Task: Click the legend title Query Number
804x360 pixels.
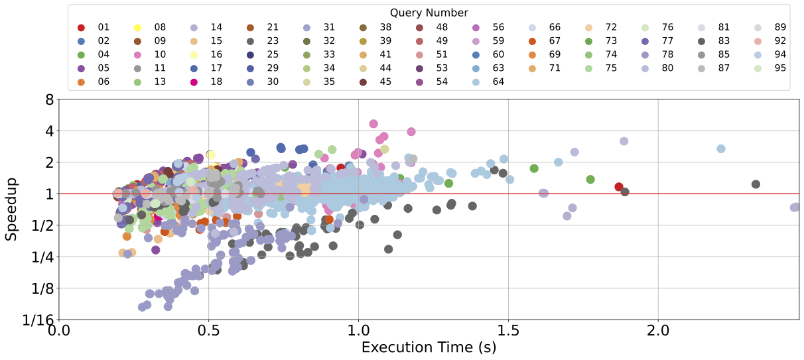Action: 429,13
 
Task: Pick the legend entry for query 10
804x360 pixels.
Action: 151,55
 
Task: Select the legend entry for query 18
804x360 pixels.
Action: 208,82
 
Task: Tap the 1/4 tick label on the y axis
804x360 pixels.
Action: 43,257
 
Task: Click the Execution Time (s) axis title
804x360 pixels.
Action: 429,347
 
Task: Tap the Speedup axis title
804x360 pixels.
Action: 11,210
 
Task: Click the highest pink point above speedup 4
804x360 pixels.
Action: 373,124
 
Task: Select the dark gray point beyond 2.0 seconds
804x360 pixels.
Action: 755,184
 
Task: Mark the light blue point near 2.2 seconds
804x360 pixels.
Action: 721,149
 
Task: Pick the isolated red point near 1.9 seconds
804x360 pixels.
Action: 619,187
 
